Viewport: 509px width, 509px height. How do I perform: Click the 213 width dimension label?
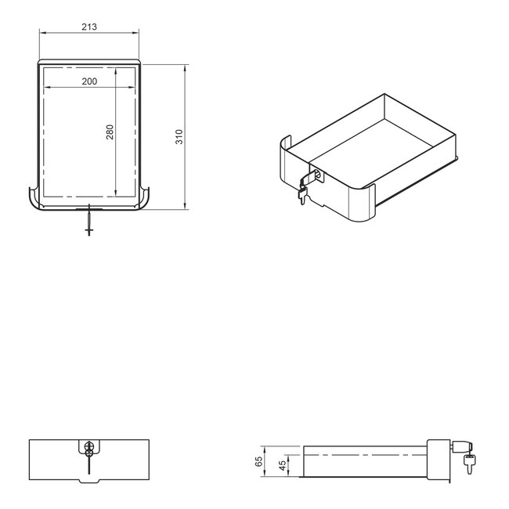pyautogui.click(x=88, y=27)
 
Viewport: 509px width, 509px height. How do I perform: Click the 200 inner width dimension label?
pyautogui.click(x=88, y=81)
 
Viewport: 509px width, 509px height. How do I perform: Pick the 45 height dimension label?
pyautogui.click(x=281, y=467)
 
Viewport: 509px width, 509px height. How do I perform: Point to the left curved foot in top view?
pyautogui.click(x=34, y=200)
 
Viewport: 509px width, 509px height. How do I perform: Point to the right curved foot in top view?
pyautogui.click(x=146, y=200)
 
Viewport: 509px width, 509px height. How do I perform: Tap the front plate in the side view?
pyautogui.click(x=437, y=460)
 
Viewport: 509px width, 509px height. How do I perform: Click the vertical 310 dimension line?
pyautogui.click(x=185, y=137)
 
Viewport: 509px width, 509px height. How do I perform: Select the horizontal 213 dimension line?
pyautogui.click(x=88, y=33)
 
